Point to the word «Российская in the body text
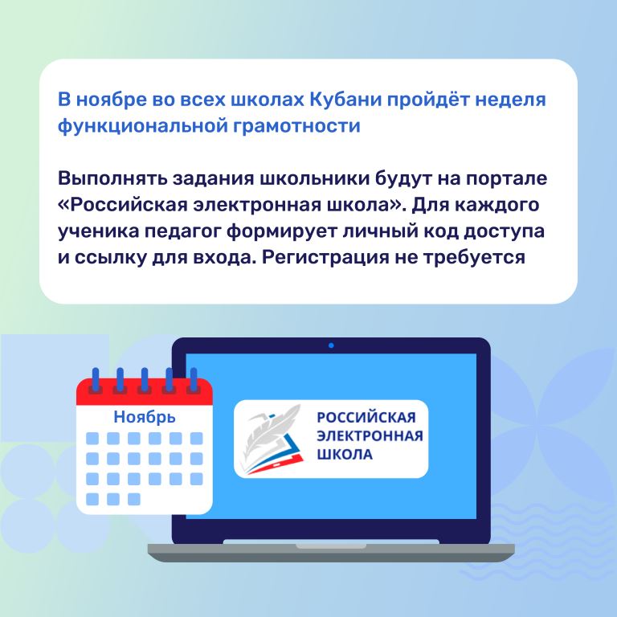[122, 205]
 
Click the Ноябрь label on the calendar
[145, 417]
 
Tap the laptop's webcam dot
[331, 345]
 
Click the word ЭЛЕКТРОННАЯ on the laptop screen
[370, 436]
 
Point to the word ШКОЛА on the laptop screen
[345, 455]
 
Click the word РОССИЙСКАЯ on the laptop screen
[366, 417]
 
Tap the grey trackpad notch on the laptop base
[331, 546]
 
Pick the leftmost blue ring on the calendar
[96, 380]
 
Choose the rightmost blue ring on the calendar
[194, 380]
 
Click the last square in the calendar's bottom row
[134, 499]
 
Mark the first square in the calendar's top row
[92, 439]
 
